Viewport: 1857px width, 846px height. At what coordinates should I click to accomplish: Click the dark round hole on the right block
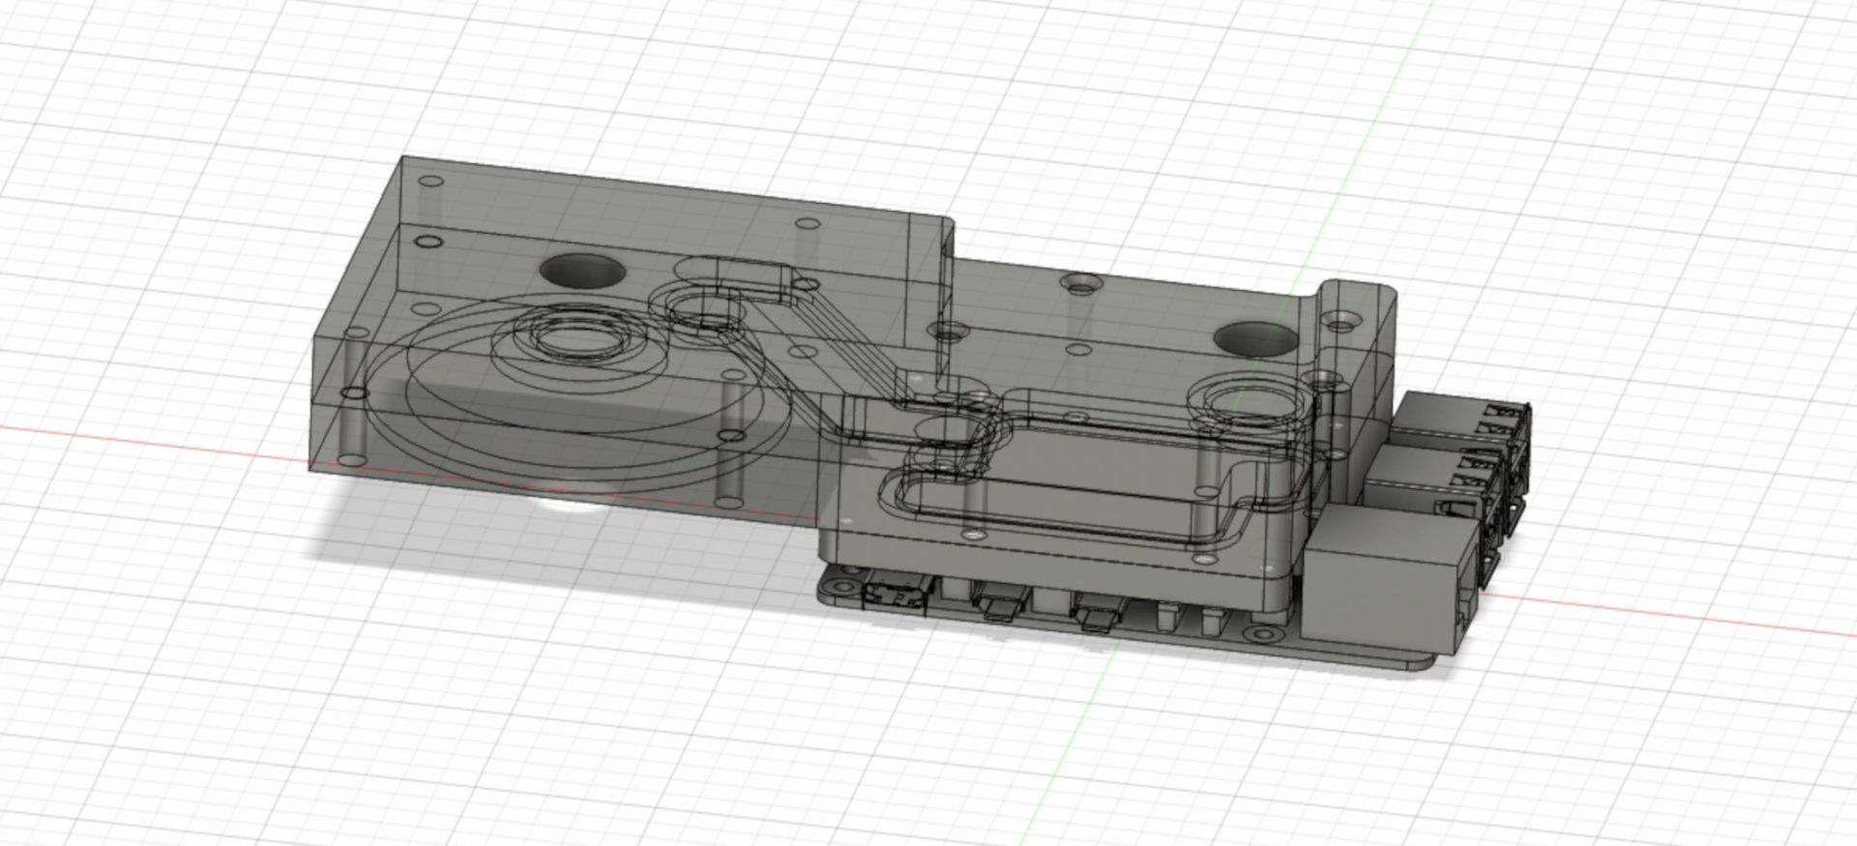(x=1254, y=338)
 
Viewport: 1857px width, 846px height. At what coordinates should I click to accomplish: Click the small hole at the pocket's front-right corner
(x=1204, y=560)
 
